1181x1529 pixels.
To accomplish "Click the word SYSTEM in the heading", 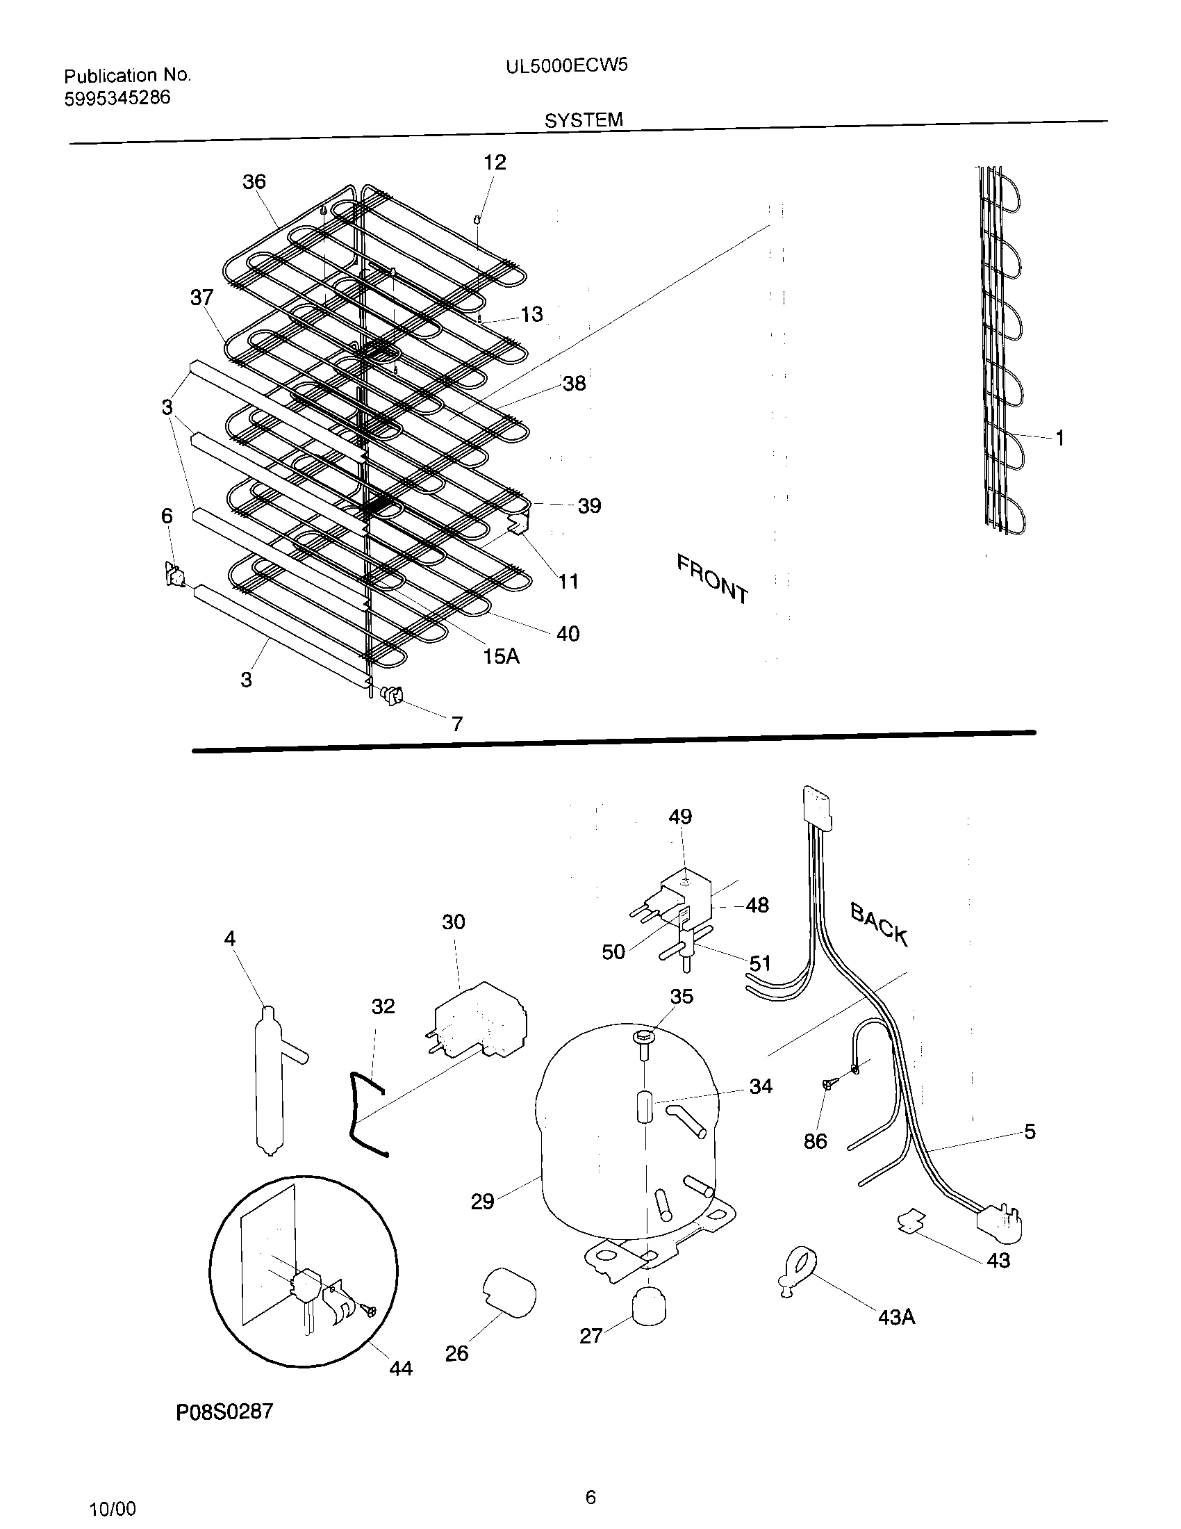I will (x=584, y=120).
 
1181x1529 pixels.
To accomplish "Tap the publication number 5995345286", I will (x=117, y=98).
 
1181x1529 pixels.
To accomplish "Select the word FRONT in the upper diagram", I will (x=712, y=578).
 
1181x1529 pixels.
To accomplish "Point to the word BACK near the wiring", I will (x=879, y=924).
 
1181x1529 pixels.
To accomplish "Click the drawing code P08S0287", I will (x=224, y=1412).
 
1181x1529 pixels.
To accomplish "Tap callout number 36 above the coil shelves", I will (x=254, y=182).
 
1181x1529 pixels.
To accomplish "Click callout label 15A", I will (x=501, y=657).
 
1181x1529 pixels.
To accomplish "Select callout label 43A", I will (x=896, y=1317).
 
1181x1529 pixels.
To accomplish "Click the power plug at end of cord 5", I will (x=1002, y=1225).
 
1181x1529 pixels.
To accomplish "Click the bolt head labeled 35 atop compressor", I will (x=642, y=1038).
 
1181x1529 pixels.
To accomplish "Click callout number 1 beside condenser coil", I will (x=1059, y=439).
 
